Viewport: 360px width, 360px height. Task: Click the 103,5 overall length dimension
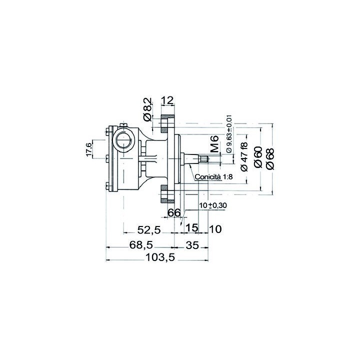coord(160,257)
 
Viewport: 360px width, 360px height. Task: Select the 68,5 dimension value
coord(141,245)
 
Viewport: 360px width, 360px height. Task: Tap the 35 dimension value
coord(192,245)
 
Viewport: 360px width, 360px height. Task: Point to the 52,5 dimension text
coord(149,230)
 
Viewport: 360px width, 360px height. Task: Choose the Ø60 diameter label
coord(258,157)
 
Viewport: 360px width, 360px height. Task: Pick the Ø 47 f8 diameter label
coord(244,157)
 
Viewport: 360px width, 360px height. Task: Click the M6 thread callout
coord(215,144)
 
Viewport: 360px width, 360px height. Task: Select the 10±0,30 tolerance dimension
coord(213,205)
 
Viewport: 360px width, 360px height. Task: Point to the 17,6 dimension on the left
coord(89,149)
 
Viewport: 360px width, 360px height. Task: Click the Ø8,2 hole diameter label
coord(147,109)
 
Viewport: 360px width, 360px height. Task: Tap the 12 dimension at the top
coord(167,100)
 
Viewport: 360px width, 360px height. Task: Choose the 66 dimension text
coord(174,212)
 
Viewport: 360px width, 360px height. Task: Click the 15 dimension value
coord(192,228)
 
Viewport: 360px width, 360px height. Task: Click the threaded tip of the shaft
coord(204,159)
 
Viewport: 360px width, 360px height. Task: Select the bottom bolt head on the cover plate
coord(107,185)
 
